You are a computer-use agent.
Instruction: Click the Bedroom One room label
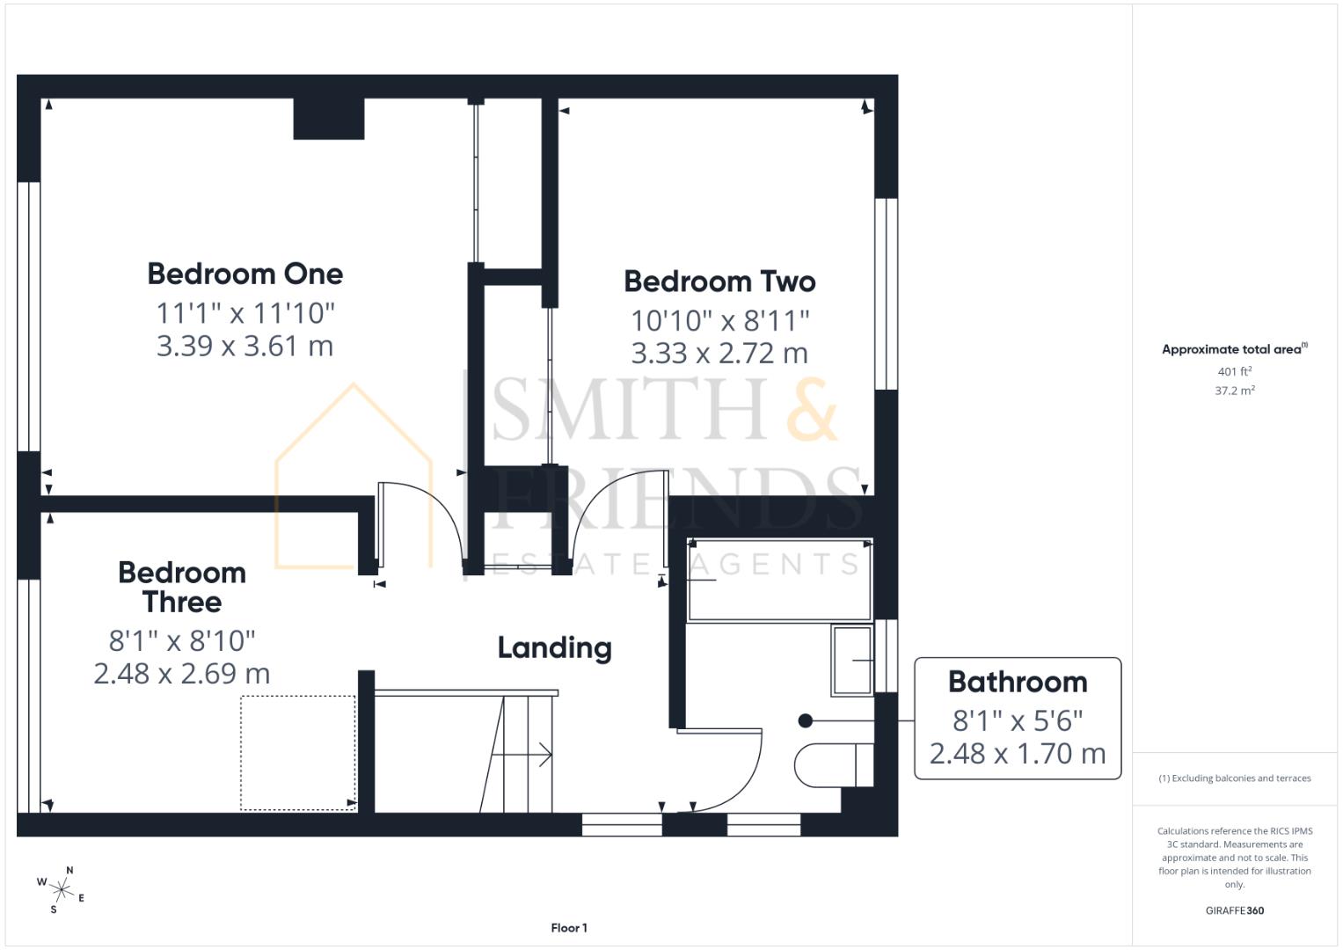tap(245, 274)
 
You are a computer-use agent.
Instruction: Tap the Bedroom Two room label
tap(719, 281)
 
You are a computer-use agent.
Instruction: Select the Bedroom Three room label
tap(182, 588)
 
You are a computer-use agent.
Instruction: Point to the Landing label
tap(554, 648)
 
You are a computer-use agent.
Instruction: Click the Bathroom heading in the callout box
tap(1018, 682)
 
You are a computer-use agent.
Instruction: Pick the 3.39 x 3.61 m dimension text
tap(245, 346)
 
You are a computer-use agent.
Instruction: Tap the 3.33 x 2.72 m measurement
tap(719, 353)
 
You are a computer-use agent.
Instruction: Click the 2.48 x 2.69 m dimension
tap(182, 674)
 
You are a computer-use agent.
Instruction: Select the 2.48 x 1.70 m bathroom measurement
tap(1018, 754)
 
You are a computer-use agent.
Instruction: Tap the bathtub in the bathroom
tap(778, 580)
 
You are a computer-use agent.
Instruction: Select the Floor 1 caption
tap(569, 928)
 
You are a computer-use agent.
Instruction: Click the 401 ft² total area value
tap(1234, 372)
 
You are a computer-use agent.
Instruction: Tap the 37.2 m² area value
tap(1234, 391)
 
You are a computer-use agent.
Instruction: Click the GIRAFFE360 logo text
tap(1234, 910)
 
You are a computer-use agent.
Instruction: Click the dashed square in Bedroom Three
tap(298, 752)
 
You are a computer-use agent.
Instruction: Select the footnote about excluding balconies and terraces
tap(1234, 778)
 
